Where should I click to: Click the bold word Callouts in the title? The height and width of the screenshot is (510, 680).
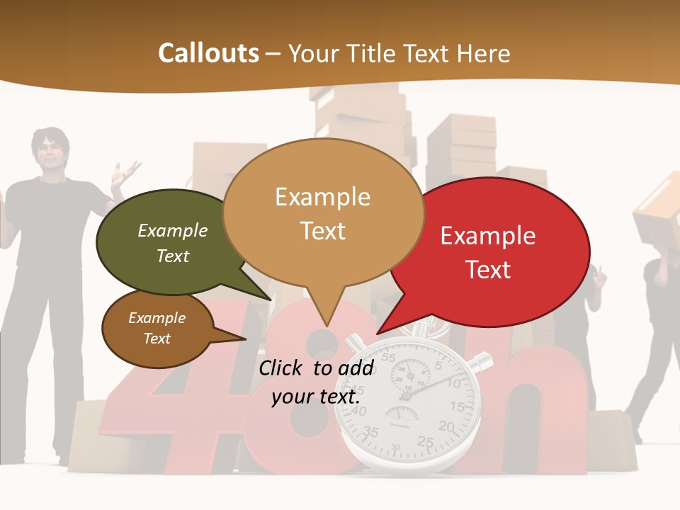(208, 53)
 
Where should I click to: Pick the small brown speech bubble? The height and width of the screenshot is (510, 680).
(157, 329)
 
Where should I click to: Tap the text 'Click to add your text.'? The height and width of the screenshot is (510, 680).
(316, 382)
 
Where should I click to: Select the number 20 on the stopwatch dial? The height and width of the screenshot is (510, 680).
(446, 426)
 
